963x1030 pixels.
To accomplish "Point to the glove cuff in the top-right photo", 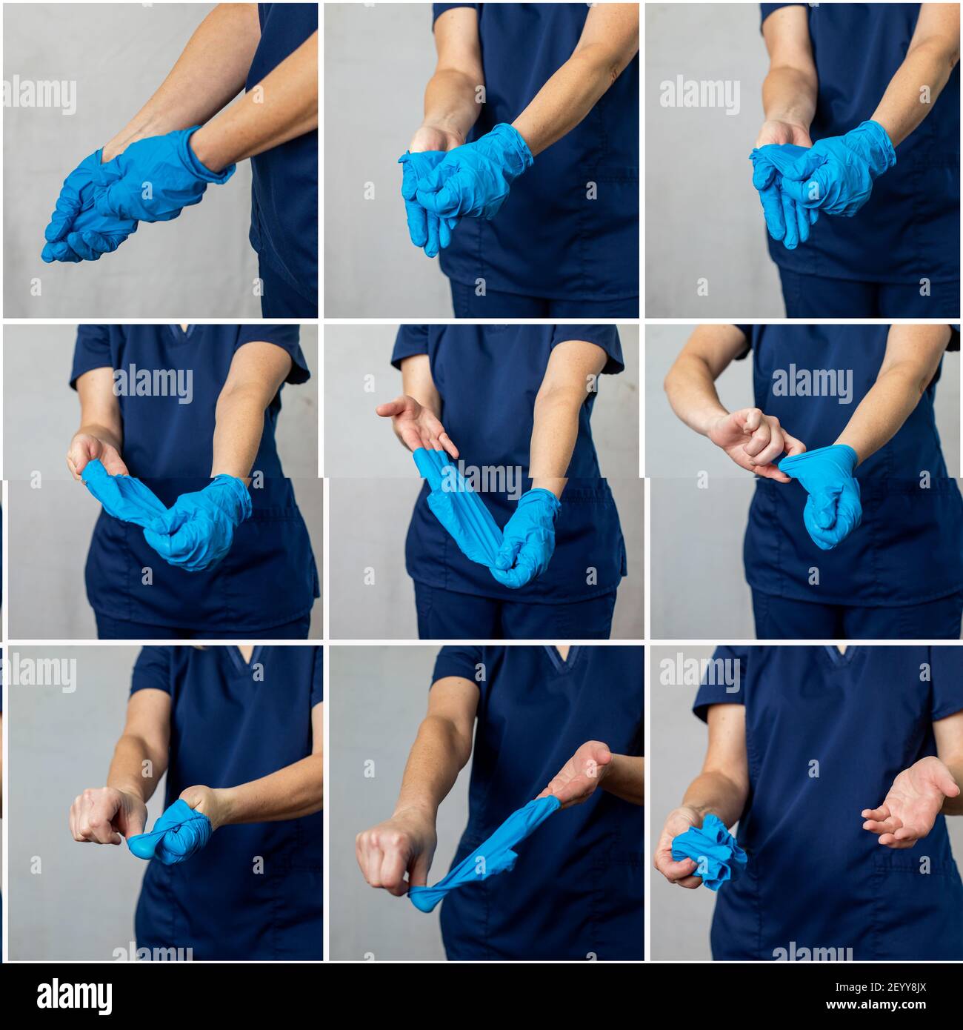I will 878,144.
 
